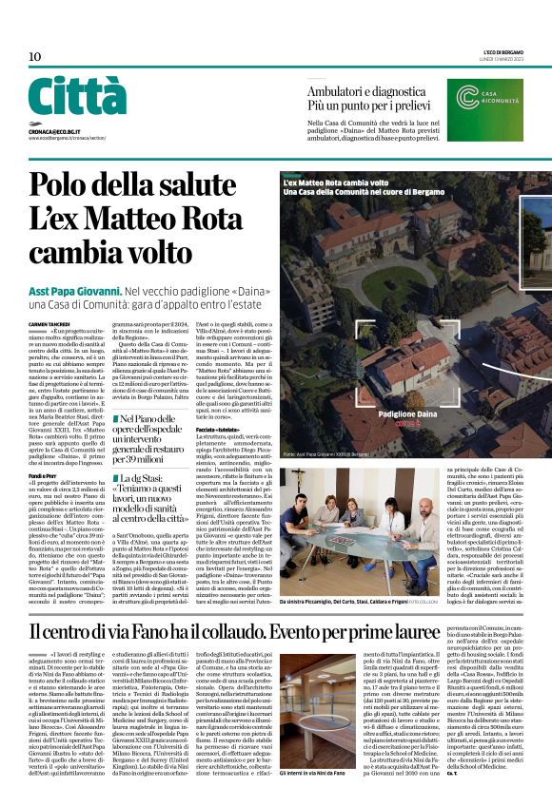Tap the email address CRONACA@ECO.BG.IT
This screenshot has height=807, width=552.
pos(53,128)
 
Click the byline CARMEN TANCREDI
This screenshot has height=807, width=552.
pos(49,298)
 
